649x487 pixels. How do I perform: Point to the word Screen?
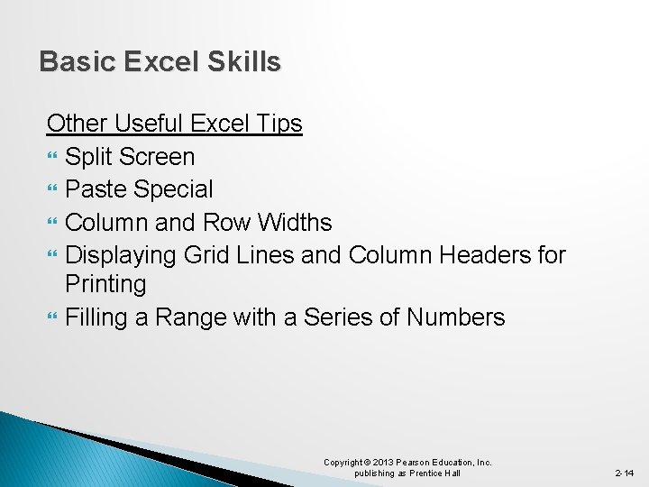[x=156, y=157]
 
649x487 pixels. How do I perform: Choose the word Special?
[x=173, y=189]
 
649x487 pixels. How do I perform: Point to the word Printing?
[x=105, y=284]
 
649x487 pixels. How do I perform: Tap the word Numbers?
[x=455, y=317]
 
